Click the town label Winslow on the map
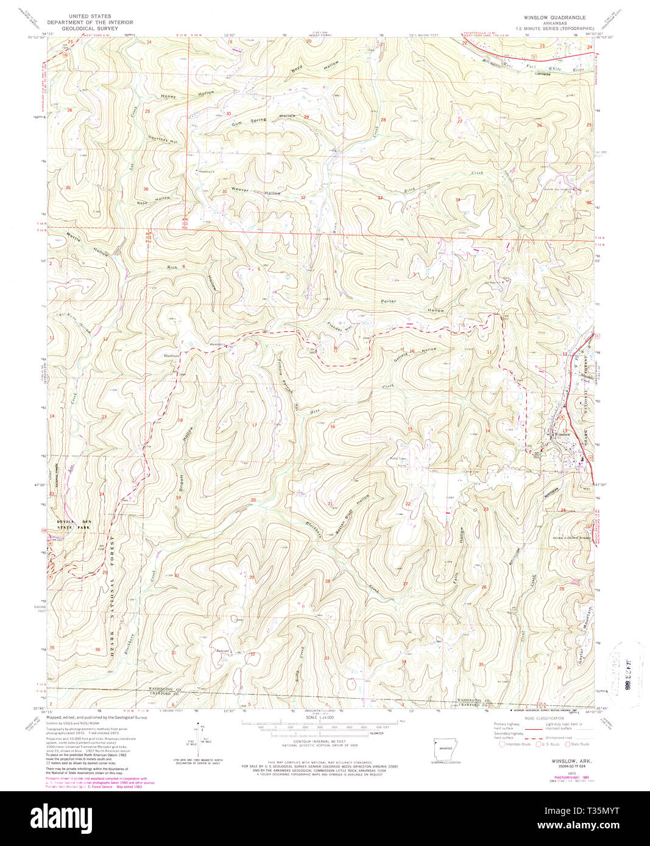pyautogui.click(x=560, y=434)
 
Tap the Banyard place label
pyautogui.click(x=224, y=650)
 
